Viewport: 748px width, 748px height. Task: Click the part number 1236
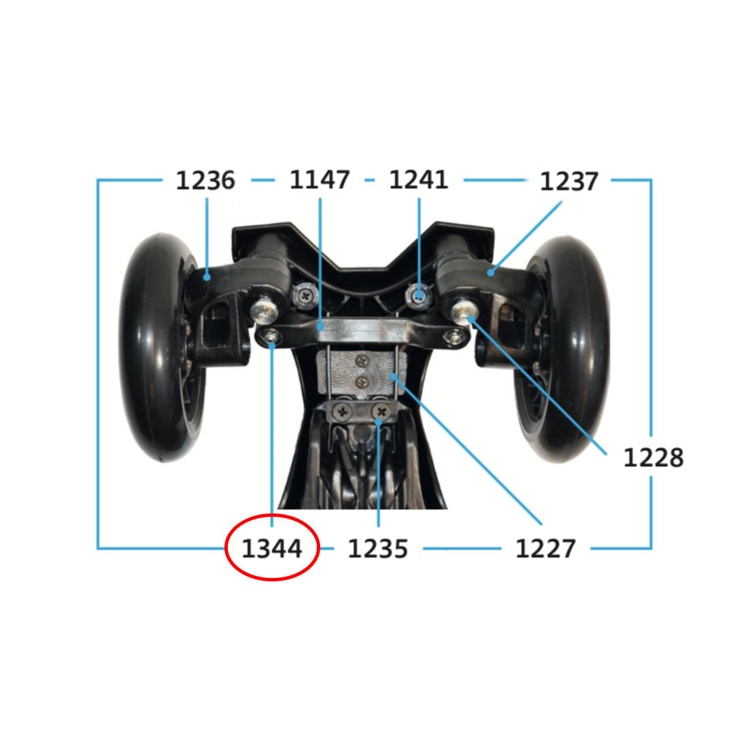205,180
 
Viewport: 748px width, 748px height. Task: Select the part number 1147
320,180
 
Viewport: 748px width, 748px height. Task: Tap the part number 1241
418,180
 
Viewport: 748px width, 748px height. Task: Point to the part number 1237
568,182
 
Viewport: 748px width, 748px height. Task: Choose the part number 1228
653,457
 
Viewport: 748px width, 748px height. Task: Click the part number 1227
545,548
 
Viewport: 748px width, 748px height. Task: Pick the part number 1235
378,548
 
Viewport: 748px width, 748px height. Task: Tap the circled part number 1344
272,548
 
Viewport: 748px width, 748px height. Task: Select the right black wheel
563,350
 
